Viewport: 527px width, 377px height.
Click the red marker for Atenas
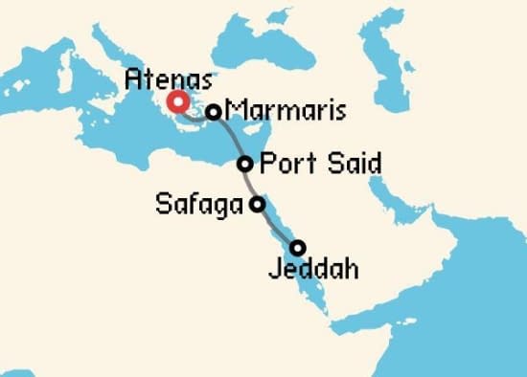[x=177, y=102]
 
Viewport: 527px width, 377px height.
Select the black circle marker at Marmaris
[x=214, y=112]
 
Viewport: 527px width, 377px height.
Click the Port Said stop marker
[x=245, y=164]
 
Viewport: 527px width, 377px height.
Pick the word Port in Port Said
[x=284, y=164]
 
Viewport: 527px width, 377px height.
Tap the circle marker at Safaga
[x=257, y=204]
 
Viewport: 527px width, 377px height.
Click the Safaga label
[x=198, y=204]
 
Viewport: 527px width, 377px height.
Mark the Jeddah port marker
[x=298, y=247]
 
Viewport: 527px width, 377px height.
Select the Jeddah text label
[x=313, y=270]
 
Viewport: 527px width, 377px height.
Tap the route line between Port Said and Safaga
[x=250, y=184]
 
